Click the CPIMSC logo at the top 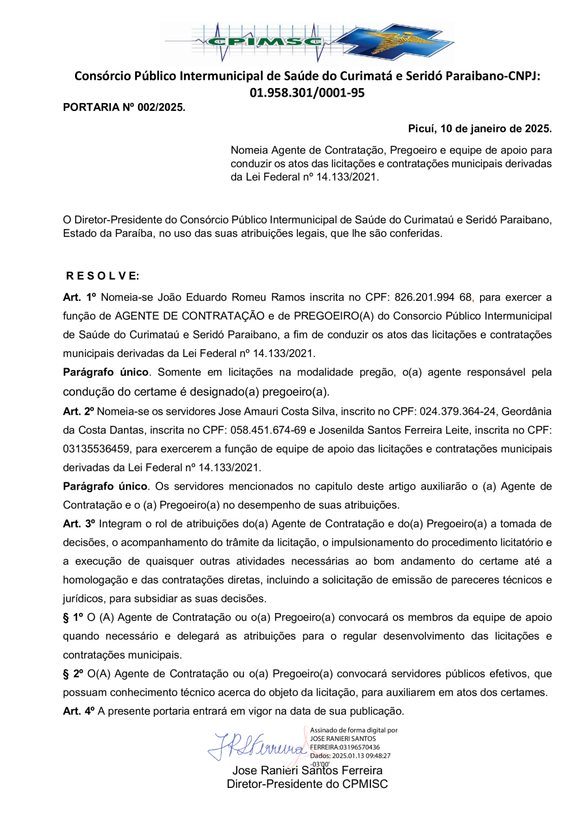tap(307, 41)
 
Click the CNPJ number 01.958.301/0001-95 tap(307, 93)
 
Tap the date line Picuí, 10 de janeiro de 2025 tap(480, 128)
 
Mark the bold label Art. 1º tap(80, 297)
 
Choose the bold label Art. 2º tap(80, 412)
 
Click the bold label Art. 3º tap(80, 524)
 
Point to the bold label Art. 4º tap(80, 710)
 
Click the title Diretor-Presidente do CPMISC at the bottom tap(307, 784)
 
